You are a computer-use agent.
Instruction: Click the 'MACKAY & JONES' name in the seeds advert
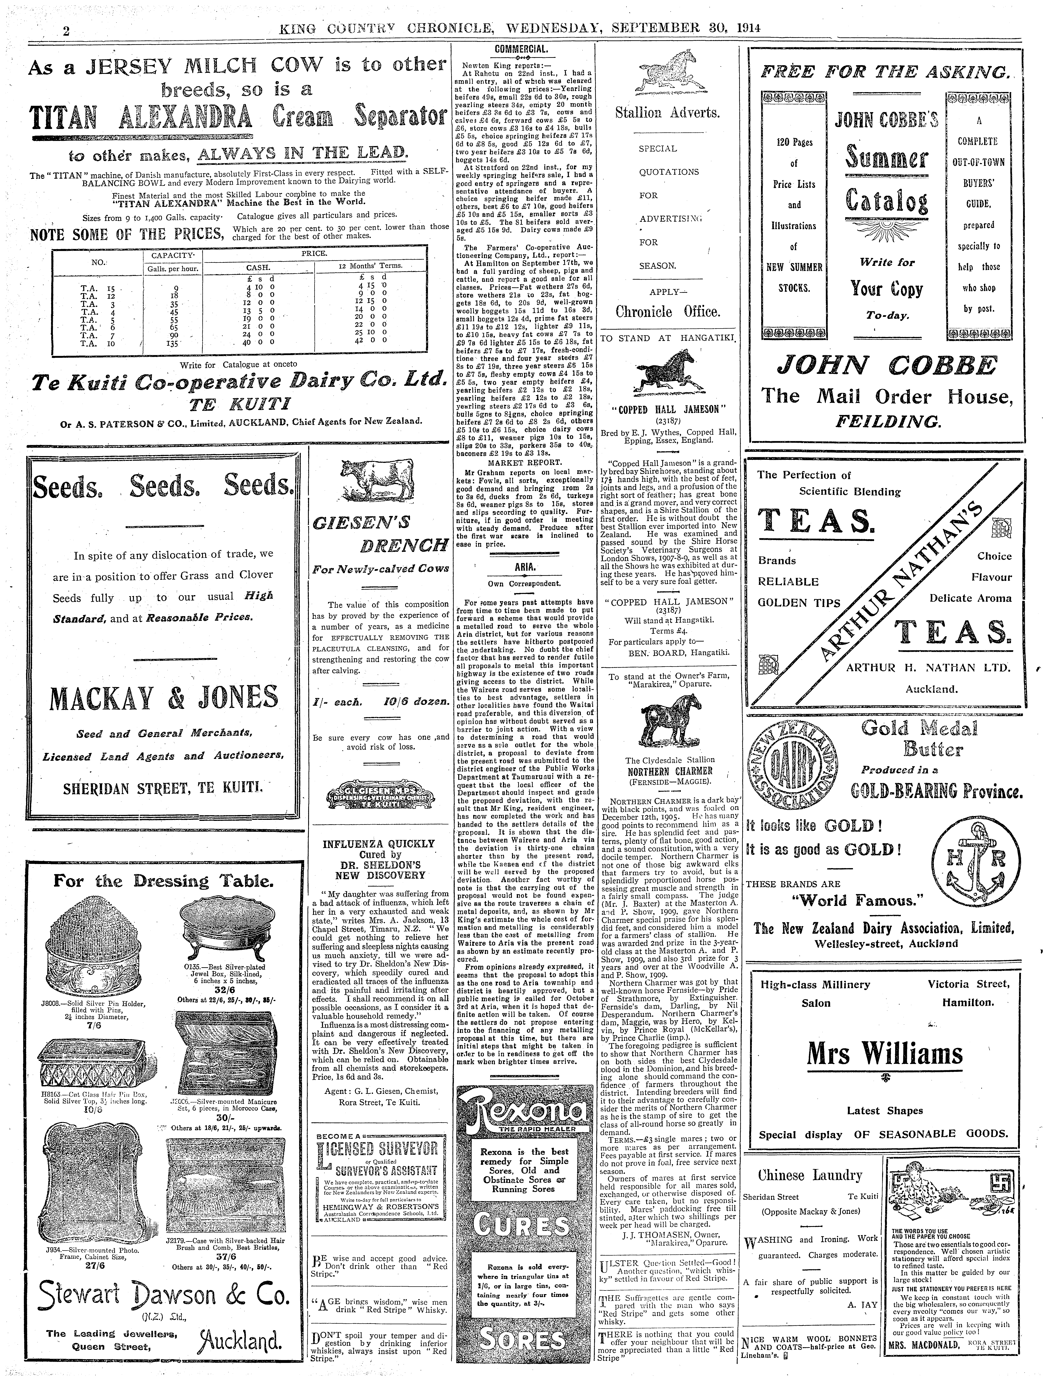(163, 697)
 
